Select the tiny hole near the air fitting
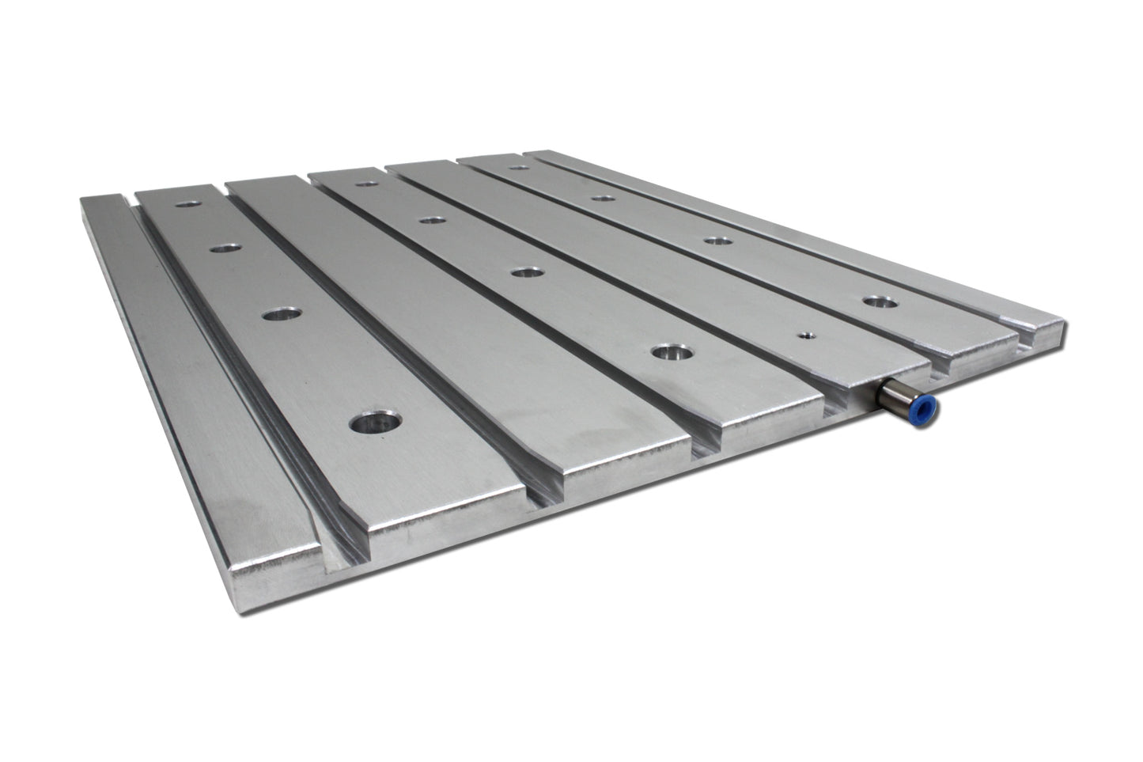pyautogui.click(x=805, y=335)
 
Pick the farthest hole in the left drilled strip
pyautogui.click(x=187, y=204)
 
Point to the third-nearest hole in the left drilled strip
pyautogui.click(x=226, y=248)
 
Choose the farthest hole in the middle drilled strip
pyautogui.click(x=365, y=184)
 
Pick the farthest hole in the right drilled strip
pyautogui.click(x=519, y=167)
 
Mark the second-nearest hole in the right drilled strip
pyautogui.click(x=716, y=240)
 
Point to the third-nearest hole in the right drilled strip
pyautogui.click(x=603, y=197)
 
